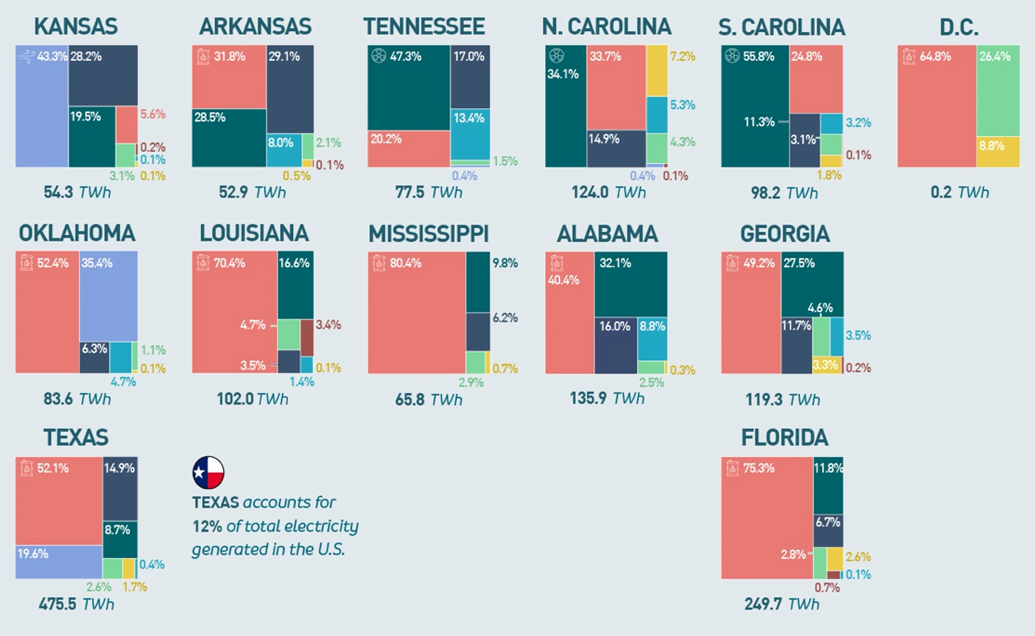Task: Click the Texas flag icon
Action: [x=208, y=473]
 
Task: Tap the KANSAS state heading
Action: [x=76, y=27]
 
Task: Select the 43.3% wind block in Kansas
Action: [x=42, y=106]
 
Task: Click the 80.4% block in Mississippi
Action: [x=417, y=312]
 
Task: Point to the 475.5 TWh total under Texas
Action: [x=76, y=604]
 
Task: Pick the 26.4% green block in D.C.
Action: [x=998, y=91]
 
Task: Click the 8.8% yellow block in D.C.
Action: [x=998, y=152]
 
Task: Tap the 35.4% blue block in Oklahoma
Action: [x=109, y=297]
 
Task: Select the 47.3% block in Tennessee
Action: [x=409, y=88]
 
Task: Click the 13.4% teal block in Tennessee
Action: [x=470, y=135]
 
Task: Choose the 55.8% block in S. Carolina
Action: [x=755, y=106]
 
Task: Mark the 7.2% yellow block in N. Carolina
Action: [x=657, y=71]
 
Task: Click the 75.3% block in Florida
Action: [x=767, y=518]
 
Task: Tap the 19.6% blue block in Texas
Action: [x=59, y=561]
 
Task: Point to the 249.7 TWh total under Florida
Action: [x=782, y=604]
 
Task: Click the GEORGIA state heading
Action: [x=784, y=234]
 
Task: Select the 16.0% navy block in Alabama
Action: [x=615, y=345]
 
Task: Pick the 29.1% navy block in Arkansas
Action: [x=290, y=89]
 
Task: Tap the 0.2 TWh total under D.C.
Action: [x=959, y=192]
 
